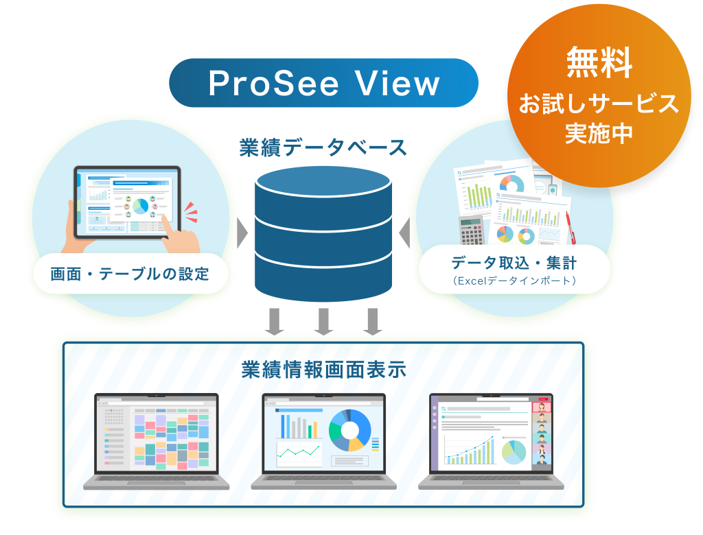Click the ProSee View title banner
(x=323, y=83)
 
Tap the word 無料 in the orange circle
(x=599, y=62)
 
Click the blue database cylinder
(x=323, y=233)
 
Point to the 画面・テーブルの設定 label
(x=130, y=273)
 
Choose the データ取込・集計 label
(x=514, y=263)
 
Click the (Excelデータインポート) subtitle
(x=514, y=281)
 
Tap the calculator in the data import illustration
(x=471, y=230)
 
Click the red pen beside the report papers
(x=571, y=228)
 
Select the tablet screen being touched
(x=127, y=202)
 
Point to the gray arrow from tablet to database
(x=242, y=233)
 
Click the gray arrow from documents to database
(x=404, y=233)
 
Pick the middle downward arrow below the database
(x=324, y=321)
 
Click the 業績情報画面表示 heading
(x=324, y=370)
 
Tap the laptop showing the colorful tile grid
(x=156, y=441)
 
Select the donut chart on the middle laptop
(x=350, y=430)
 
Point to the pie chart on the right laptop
(x=514, y=452)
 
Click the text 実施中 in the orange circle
(x=599, y=133)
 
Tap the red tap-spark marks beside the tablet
(x=191, y=212)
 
